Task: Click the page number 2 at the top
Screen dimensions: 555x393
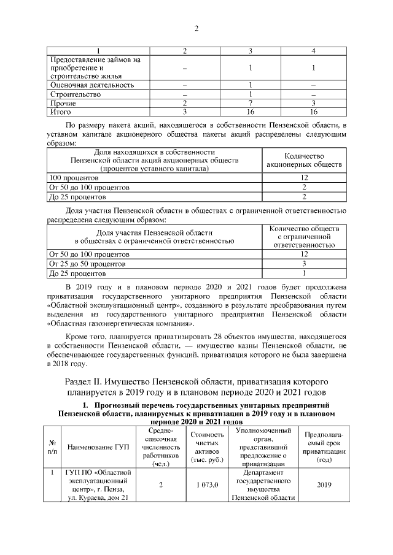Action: pyautogui.click(x=196, y=29)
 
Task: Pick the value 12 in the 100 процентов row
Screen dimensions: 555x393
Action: pyautogui.click(x=304, y=178)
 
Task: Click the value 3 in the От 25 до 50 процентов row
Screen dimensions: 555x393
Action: pyautogui.click(x=304, y=263)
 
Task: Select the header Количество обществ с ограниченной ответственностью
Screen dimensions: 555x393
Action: pyautogui.click(x=304, y=237)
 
